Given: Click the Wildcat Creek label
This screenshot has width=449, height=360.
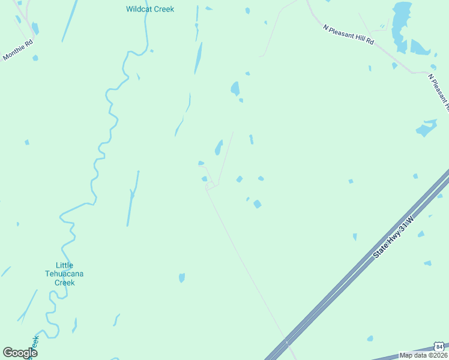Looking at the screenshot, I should pyautogui.click(x=150, y=9).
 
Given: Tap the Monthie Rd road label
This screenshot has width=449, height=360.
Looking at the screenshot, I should pyautogui.click(x=17, y=50).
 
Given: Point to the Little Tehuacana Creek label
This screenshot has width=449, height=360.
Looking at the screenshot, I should pyautogui.click(x=64, y=274).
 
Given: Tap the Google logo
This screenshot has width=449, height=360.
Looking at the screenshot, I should pyautogui.click(x=20, y=353).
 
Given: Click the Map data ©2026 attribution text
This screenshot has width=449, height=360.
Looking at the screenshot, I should pyautogui.click(x=424, y=356).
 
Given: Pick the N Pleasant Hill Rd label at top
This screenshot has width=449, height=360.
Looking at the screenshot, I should pyautogui.click(x=348, y=34).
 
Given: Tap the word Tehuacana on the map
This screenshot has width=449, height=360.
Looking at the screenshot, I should pyautogui.click(x=64, y=274).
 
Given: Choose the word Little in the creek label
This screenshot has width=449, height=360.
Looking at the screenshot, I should pyautogui.click(x=64, y=265).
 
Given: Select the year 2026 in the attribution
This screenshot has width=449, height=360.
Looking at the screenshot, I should pyautogui.click(x=439, y=356).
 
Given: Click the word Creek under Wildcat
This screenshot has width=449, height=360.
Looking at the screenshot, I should pyautogui.click(x=164, y=9).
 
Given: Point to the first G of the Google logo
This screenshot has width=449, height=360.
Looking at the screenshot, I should pyautogui.click(x=7, y=353).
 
